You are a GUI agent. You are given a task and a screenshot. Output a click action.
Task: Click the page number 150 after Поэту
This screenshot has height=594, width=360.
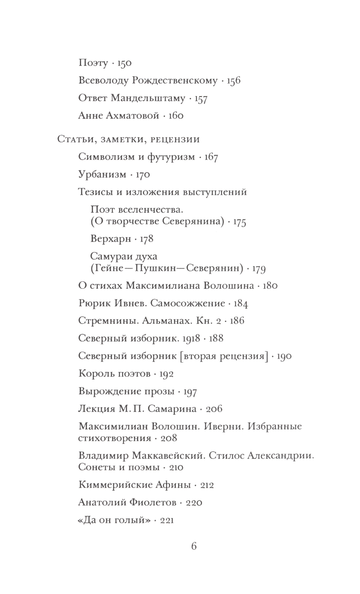point(125,63)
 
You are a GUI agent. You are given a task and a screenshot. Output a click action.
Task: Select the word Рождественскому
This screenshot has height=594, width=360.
point(175,81)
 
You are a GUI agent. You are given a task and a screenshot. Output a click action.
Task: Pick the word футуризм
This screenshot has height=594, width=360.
point(171,157)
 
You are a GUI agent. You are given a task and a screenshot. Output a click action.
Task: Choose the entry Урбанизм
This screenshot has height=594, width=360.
point(102,175)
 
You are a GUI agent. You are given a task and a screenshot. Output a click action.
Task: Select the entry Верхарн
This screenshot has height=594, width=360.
point(111,239)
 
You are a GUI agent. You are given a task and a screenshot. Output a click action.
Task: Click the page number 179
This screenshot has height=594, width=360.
point(259,269)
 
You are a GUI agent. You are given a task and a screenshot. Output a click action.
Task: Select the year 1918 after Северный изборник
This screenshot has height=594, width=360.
point(191,338)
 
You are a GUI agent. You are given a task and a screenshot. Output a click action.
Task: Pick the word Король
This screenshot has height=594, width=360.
point(96,374)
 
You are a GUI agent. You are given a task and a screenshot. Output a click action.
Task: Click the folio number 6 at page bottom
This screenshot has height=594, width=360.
point(194,546)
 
